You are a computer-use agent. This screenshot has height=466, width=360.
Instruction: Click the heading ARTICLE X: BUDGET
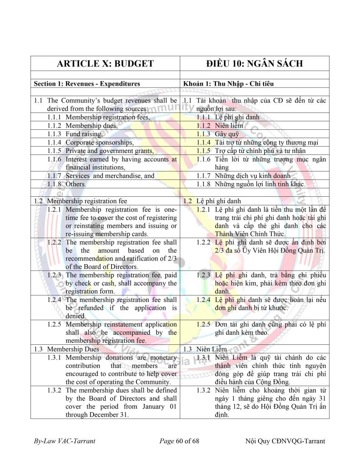click(105, 63)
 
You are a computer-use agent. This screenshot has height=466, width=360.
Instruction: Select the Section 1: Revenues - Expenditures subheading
click(87, 83)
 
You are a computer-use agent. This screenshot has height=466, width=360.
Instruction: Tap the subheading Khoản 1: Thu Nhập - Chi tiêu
click(229, 83)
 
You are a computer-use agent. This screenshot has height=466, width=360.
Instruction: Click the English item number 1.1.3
click(55, 134)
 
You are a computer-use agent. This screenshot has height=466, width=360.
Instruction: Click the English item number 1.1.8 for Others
click(55, 184)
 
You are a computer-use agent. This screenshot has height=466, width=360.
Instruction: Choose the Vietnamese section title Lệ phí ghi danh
click(218, 201)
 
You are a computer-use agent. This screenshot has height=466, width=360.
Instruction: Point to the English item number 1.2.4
click(55, 300)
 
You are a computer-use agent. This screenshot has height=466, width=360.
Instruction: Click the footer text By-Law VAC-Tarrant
click(64, 441)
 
